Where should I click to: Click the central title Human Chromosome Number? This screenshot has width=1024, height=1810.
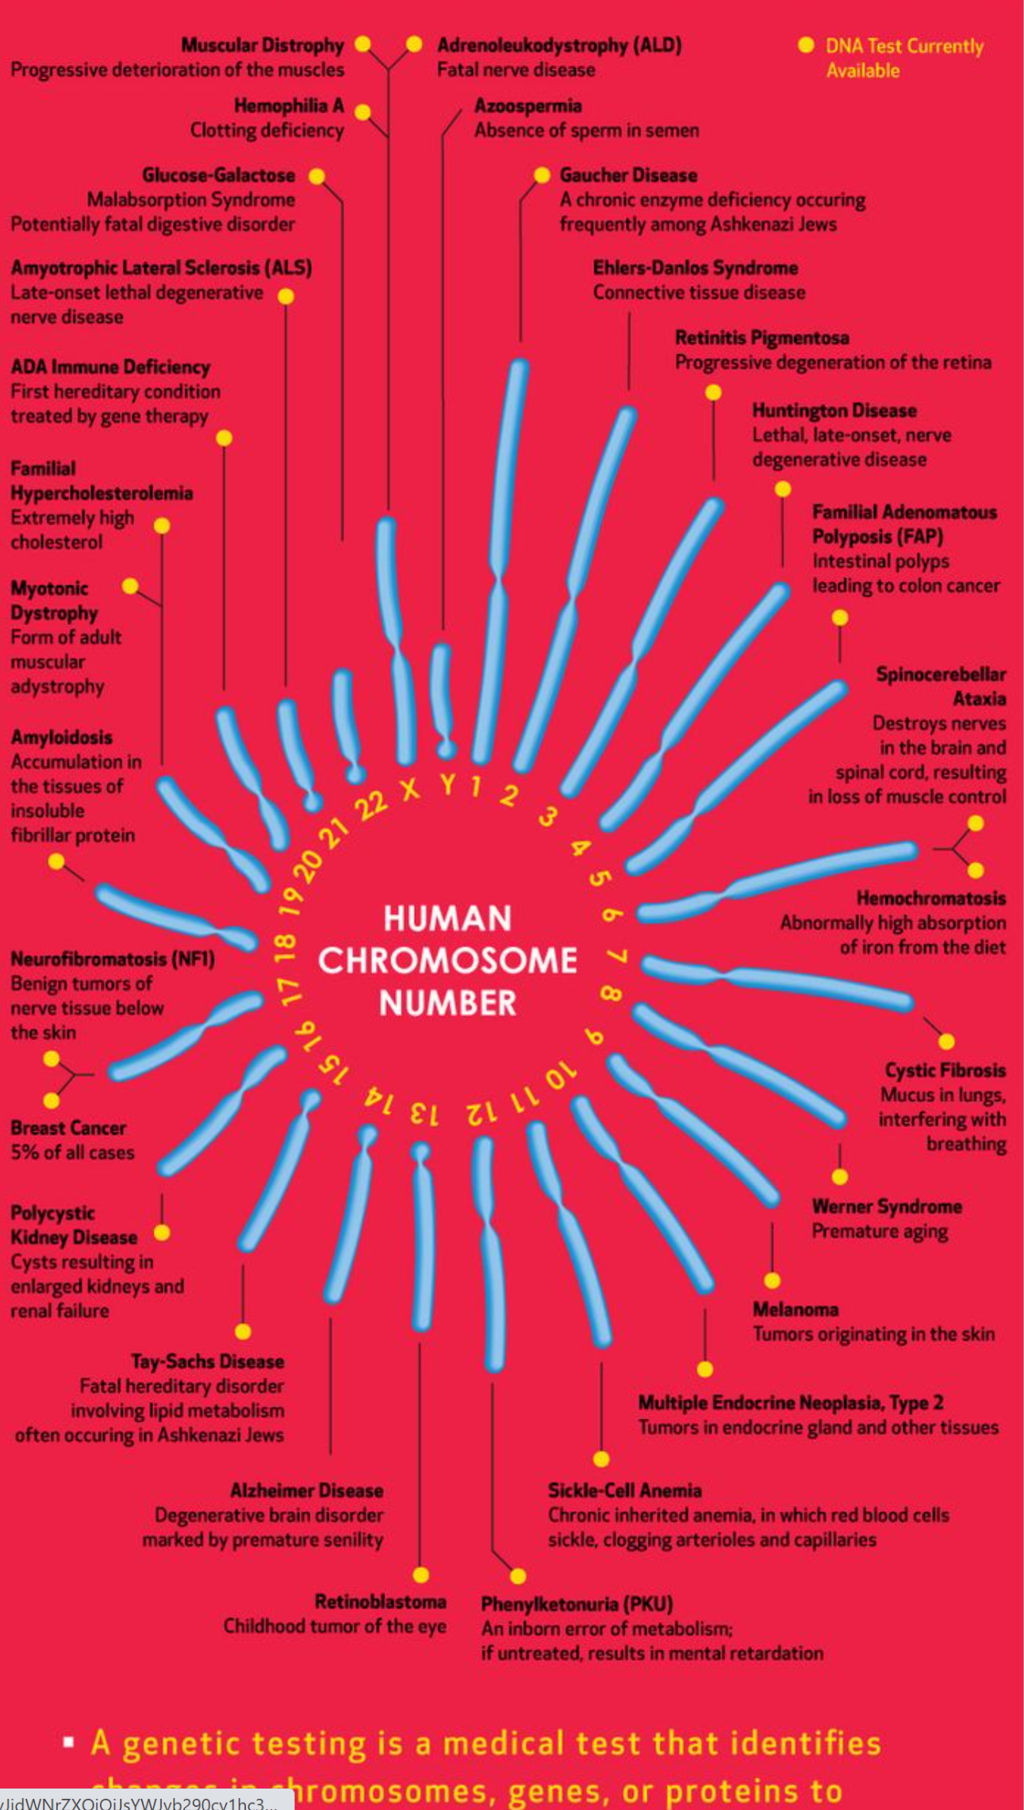point(447,961)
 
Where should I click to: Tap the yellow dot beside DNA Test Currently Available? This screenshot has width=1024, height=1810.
point(806,45)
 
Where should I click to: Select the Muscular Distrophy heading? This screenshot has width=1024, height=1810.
point(263,45)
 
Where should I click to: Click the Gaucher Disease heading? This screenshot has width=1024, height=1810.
point(628,174)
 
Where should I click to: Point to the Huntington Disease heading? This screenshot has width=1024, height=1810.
point(834,410)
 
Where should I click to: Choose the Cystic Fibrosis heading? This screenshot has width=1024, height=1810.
point(945,1070)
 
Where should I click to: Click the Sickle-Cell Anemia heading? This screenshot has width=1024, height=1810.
point(624,1490)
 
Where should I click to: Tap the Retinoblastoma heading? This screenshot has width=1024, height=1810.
point(380,1601)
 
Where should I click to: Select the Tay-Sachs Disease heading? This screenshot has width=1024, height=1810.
point(207,1361)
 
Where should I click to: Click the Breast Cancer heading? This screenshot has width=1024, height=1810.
point(68,1127)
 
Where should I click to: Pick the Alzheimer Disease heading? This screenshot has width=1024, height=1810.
point(306,1490)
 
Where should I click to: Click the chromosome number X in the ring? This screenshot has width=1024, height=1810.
point(409,788)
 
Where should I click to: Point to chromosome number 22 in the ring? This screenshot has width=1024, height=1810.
point(371,805)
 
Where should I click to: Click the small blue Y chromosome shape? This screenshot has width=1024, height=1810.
point(442,698)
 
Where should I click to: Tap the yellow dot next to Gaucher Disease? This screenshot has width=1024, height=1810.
point(543,175)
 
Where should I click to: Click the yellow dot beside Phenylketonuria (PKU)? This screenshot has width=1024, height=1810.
point(518,1575)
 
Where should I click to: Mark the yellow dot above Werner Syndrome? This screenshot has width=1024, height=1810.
point(840,1176)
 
